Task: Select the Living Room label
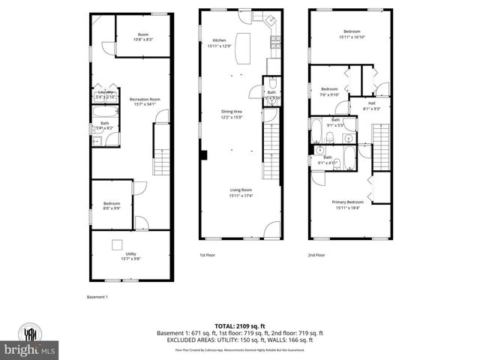[x=240, y=193]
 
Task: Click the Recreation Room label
[x=144, y=101]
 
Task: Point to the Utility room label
[x=130, y=256]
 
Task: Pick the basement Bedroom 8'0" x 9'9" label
[x=111, y=205]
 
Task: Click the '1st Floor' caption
[x=208, y=255]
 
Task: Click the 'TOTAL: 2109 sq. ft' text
[x=239, y=326]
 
